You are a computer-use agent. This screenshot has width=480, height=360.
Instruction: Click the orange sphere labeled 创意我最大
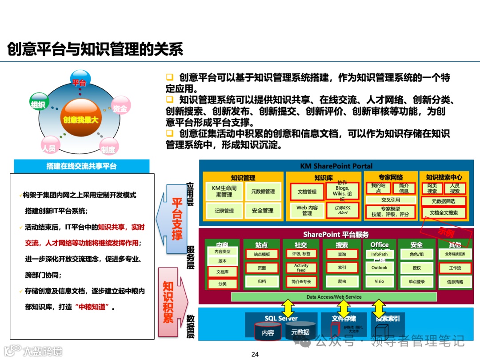tap(80, 119)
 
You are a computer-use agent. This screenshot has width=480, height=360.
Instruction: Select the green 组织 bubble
tap(38, 104)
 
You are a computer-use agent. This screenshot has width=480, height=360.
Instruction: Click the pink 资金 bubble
tap(120, 107)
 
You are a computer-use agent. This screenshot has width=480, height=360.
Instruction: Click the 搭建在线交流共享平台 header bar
tap(81, 166)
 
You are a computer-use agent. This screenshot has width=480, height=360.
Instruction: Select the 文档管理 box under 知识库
tap(307, 192)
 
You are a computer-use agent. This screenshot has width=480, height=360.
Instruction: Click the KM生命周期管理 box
tap(224, 192)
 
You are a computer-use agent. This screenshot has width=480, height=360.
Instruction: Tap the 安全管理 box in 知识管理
tap(263, 211)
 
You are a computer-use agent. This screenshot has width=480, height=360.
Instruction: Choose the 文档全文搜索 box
tap(444, 212)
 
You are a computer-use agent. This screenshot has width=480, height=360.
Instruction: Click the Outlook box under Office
tap(379, 268)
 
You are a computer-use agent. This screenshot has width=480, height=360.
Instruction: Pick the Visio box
tap(379, 281)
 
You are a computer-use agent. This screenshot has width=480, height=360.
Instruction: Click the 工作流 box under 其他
tap(455, 268)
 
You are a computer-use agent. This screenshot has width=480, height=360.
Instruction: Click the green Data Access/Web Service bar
tap(334, 297)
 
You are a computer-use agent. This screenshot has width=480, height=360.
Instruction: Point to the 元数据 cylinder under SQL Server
tap(300, 332)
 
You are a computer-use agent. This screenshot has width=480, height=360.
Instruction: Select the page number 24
tap(255, 354)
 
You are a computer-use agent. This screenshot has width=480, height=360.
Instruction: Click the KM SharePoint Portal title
tap(336, 166)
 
